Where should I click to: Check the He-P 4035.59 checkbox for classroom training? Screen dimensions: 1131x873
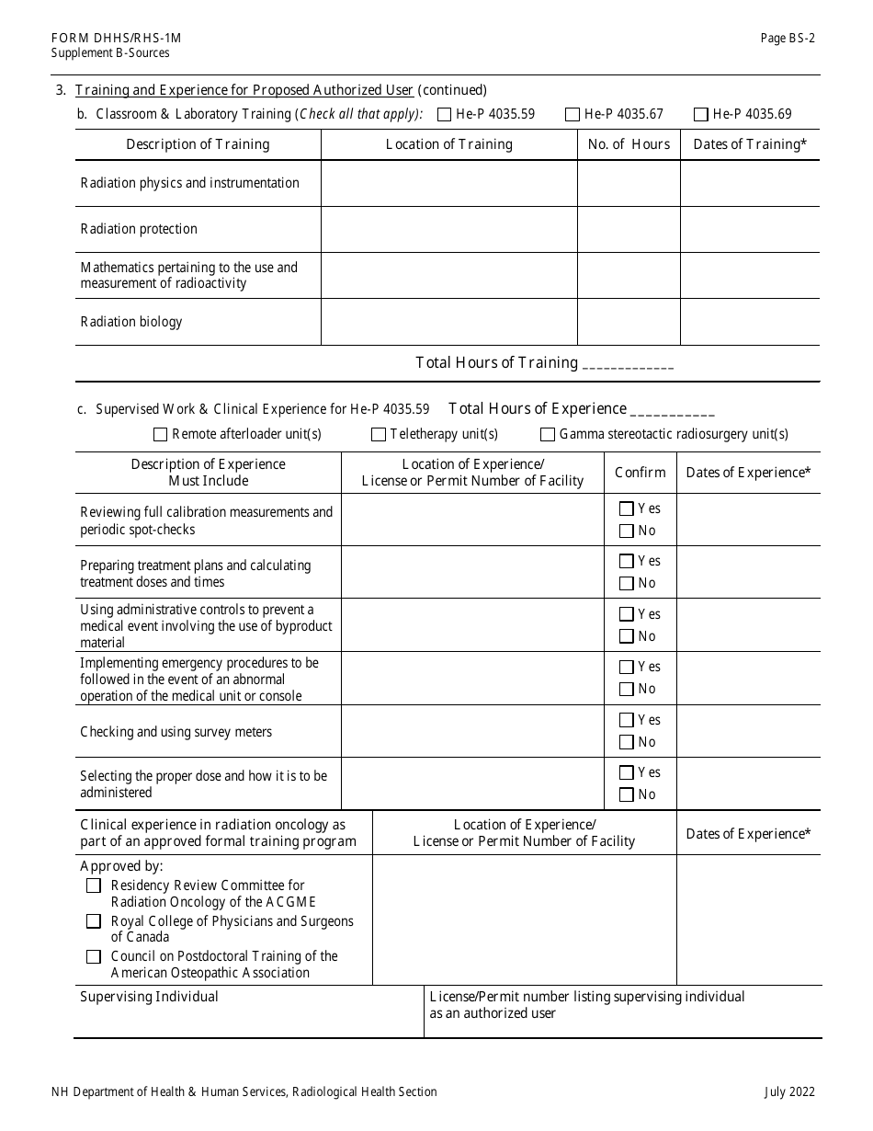tap(445, 115)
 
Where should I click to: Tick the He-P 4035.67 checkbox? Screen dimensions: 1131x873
tap(573, 115)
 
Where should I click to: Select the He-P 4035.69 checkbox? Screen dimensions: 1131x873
tap(701, 115)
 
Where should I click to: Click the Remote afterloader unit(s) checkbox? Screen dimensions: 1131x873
tap(161, 435)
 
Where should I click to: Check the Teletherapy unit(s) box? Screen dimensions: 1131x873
tap(379, 435)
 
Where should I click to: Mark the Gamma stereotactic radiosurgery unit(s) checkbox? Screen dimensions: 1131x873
tap(548, 435)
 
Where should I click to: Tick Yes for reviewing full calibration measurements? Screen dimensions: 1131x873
tap(627, 508)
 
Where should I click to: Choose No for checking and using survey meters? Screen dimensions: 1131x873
tap(627, 742)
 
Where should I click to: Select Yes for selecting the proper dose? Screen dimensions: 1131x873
tap(627, 773)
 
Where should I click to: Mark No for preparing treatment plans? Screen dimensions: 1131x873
tap(627, 583)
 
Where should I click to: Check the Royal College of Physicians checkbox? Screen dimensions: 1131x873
tap(94, 921)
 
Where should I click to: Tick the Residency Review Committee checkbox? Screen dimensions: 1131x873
tap(94, 885)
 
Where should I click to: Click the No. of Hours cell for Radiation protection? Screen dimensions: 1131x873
tap(629, 229)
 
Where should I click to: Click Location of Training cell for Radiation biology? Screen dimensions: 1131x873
tap(448, 322)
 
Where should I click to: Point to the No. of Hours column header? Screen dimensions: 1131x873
tap(629, 144)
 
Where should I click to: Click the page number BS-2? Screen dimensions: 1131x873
tap(788, 38)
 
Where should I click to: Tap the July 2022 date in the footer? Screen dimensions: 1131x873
tap(788, 1092)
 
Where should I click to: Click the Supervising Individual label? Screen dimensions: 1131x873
tap(150, 997)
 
